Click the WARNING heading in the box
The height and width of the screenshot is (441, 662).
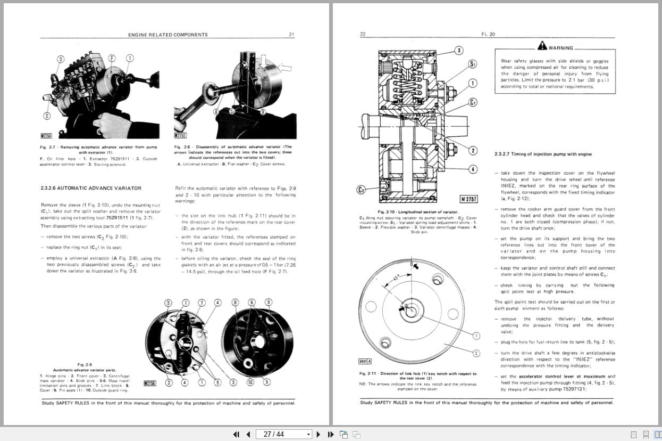(560, 48)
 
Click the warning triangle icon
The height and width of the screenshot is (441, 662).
(542, 46)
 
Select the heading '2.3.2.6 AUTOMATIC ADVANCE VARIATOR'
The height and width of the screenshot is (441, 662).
(91, 188)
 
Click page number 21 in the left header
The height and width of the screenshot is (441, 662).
(291, 35)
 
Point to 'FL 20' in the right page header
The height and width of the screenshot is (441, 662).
(488, 35)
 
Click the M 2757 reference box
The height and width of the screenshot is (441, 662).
(468, 199)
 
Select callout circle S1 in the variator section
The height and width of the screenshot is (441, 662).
(472, 64)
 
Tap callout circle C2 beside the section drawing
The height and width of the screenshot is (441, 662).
(362, 190)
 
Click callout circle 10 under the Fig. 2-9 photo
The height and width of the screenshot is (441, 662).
(250, 381)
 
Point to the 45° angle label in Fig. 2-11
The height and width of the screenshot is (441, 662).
(396, 278)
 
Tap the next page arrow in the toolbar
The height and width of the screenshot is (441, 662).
(319, 434)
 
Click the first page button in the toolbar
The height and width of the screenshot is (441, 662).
(237, 434)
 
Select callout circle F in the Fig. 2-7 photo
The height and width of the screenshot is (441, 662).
(112, 58)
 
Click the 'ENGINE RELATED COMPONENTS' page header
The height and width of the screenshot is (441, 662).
(168, 35)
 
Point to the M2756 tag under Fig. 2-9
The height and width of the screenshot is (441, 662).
(150, 383)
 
